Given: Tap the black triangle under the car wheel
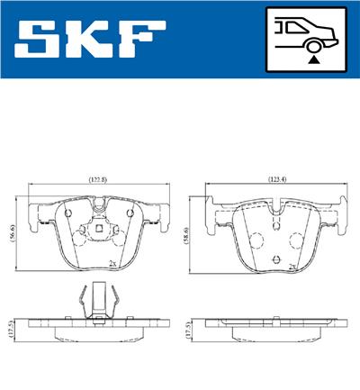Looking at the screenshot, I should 312,57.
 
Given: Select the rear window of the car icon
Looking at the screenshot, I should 290,26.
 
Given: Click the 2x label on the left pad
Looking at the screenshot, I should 112,263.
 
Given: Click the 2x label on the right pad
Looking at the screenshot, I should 292,268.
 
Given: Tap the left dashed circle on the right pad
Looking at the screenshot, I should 256,240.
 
